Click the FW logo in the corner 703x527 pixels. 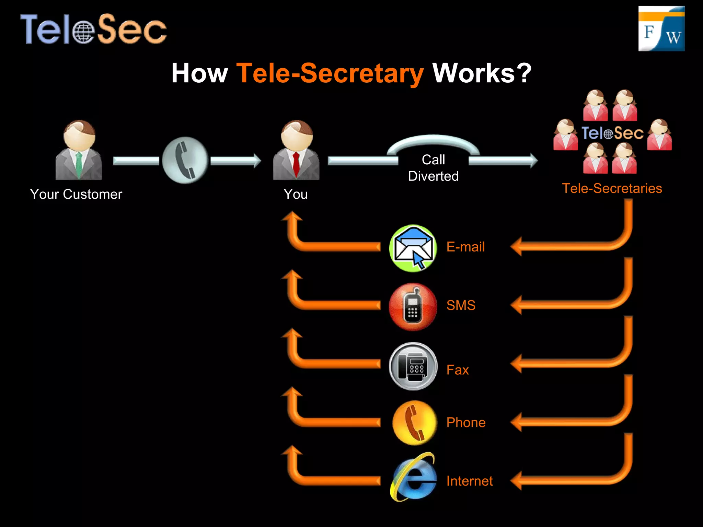661,29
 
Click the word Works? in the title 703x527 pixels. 482,73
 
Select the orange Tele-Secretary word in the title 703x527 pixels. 330,73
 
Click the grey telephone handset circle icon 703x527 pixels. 185,160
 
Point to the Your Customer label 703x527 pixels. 76,194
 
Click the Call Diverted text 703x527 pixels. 433,168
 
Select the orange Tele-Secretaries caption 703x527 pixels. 612,188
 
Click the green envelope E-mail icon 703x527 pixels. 413,248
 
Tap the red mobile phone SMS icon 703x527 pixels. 413,307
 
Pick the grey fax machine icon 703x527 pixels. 413,366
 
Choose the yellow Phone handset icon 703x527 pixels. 414,423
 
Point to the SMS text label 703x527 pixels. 461,305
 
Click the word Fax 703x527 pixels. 458,370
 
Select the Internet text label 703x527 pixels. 469,481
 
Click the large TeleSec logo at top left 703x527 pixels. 93,29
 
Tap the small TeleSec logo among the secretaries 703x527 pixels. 612,133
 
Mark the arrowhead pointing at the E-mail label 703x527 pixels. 517,246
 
